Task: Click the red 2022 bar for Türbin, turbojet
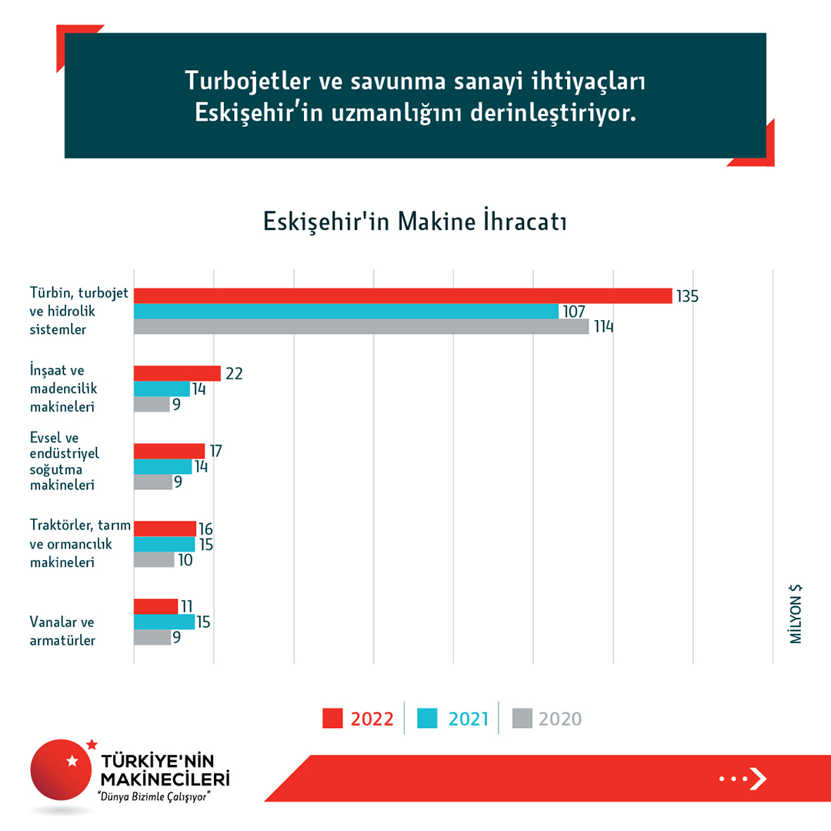pyautogui.click(x=402, y=295)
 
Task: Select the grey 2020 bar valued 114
pyautogui.click(x=361, y=326)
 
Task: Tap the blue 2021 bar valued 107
pyautogui.click(x=345, y=311)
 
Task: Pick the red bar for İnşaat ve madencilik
pyautogui.click(x=177, y=373)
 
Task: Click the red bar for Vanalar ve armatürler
pyautogui.click(x=155, y=606)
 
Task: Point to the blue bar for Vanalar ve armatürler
pyautogui.click(x=164, y=622)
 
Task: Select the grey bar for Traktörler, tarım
pyautogui.click(x=154, y=559)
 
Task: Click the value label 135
pyautogui.click(x=687, y=296)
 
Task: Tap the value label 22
pyautogui.click(x=234, y=374)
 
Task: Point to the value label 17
pyautogui.click(x=216, y=451)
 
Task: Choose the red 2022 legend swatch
pyautogui.click(x=332, y=719)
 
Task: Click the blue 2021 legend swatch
pyautogui.click(x=427, y=719)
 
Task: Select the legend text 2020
pyautogui.click(x=560, y=719)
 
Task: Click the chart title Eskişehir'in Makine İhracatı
pyautogui.click(x=415, y=222)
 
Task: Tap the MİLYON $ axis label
pyautogui.click(x=796, y=614)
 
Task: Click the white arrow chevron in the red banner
pyautogui.click(x=758, y=779)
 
